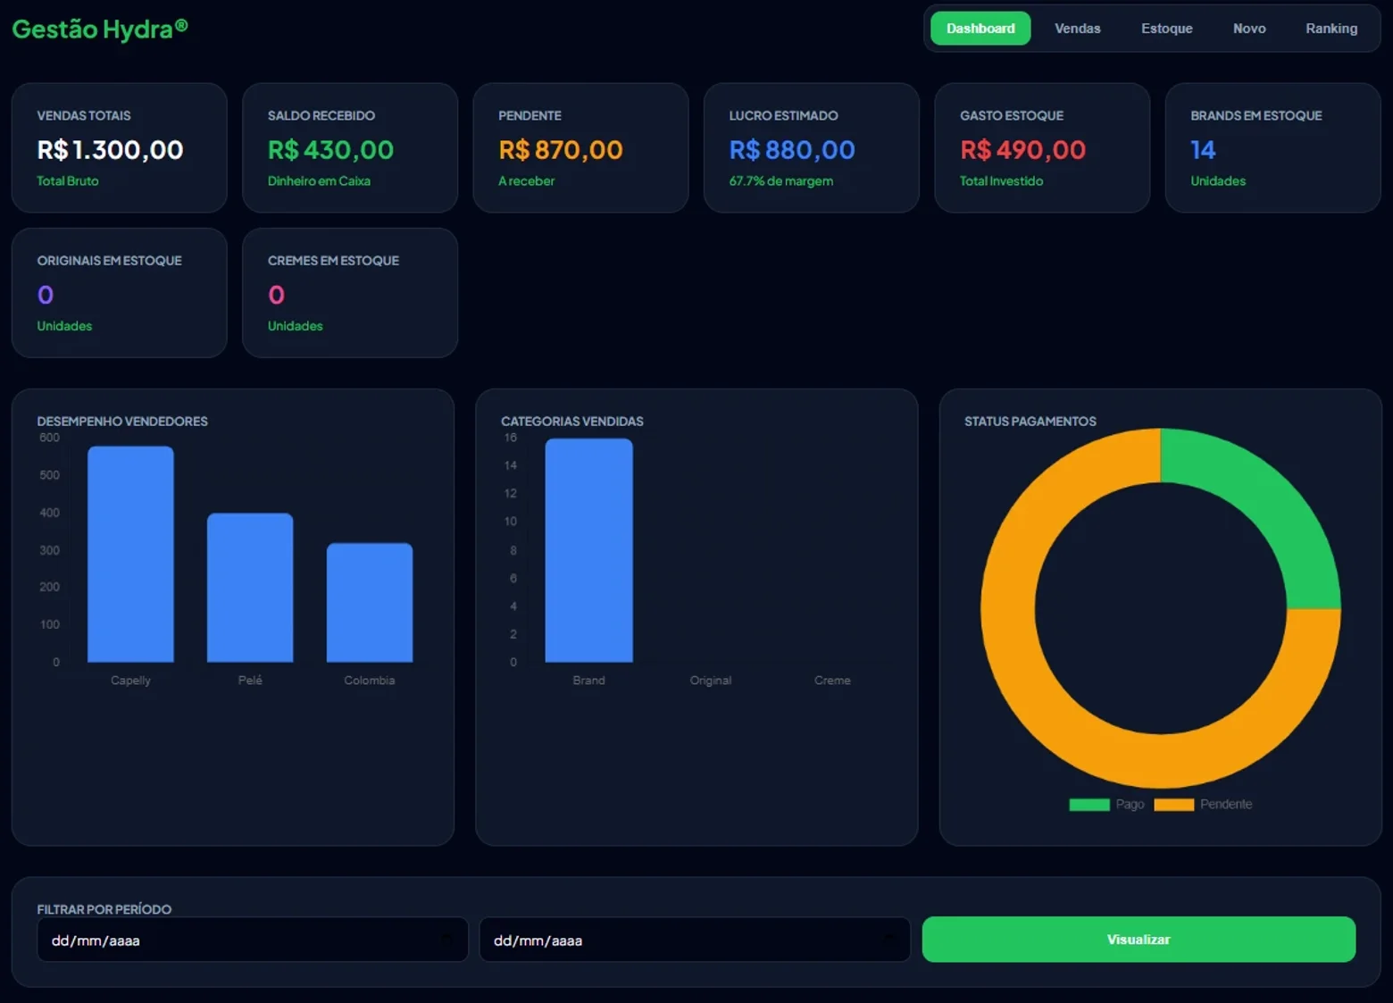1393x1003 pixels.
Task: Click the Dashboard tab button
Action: click(x=980, y=29)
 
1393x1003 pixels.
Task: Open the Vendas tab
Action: click(x=1077, y=29)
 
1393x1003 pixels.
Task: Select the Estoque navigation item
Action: click(x=1166, y=29)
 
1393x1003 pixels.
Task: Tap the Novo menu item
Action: click(x=1249, y=29)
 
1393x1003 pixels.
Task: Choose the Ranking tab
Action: click(x=1331, y=29)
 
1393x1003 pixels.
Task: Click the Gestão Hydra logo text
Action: click(x=99, y=29)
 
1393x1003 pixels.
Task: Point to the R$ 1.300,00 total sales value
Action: click(x=110, y=150)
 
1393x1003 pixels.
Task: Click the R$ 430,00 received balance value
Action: click(x=330, y=150)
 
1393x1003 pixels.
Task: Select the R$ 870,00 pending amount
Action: click(x=560, y=150)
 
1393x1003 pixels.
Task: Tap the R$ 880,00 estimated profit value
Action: click(x=792, y=150)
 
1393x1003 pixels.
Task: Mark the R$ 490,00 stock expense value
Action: click(x=1022, y=150)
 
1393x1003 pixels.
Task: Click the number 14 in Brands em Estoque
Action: click(x=1203, y=150)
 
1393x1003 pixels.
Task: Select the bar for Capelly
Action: click(x=130, y=554)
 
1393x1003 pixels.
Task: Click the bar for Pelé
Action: click(x=250, y=588)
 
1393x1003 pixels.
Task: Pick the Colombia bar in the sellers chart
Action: click(x=370, y=603)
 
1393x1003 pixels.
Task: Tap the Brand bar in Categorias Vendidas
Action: click(x=589, y=550)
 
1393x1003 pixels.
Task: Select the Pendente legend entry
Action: click(x=1203, y=805)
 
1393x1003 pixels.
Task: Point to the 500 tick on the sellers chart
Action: click(x=50, y=475)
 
